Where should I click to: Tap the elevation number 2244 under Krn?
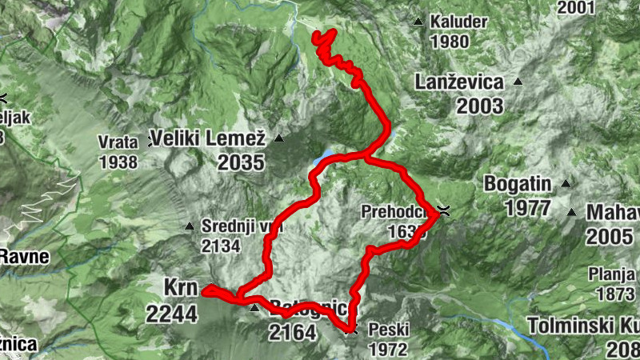coord(171,313)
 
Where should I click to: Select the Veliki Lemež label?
coord(211,138)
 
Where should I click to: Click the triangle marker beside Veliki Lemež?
coord(278,138)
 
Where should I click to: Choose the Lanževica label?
coord(459,82)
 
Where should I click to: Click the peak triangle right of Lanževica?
coord(518,82)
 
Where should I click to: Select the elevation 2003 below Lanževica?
coord(459,105)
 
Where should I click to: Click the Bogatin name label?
coord(518,184)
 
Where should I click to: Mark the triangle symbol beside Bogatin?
coord(566,184)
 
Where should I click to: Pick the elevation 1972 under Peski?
coord(387,349)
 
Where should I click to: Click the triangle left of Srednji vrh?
coord(190,226)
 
